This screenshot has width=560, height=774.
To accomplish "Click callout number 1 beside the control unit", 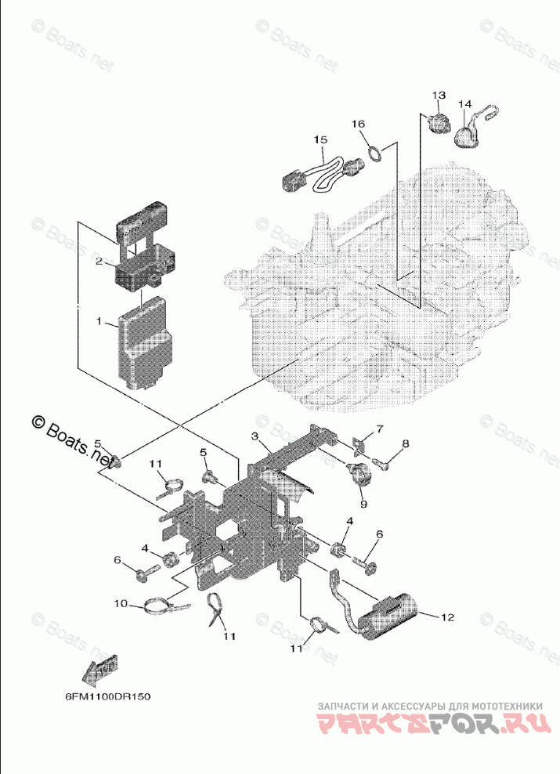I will (x=99, y=321).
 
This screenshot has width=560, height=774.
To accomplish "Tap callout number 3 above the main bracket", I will (x=255, y=436).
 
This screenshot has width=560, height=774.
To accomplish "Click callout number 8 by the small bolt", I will (x=405, y=444).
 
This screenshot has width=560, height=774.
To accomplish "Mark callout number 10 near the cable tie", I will (x=120, y=603).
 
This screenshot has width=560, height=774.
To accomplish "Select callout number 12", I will (x=446, y=617).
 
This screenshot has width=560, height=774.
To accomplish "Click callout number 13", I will (x=437, y=95).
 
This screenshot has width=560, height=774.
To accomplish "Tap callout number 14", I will (x=464, y=103).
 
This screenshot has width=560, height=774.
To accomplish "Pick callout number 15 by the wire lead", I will (x=320, y=139).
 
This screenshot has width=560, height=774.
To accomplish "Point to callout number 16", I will (x=357, y=124).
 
